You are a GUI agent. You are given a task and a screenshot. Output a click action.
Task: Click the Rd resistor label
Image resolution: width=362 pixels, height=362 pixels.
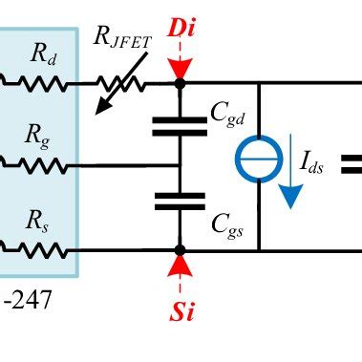pyautogui.click(x=42, y=53)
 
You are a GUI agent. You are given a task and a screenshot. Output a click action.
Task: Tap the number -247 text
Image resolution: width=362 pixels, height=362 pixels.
pyautogui.click(x=28, y=302)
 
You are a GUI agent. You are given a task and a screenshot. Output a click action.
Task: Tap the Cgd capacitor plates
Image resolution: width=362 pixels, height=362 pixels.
pyautogui.click(x=180, y=126)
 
